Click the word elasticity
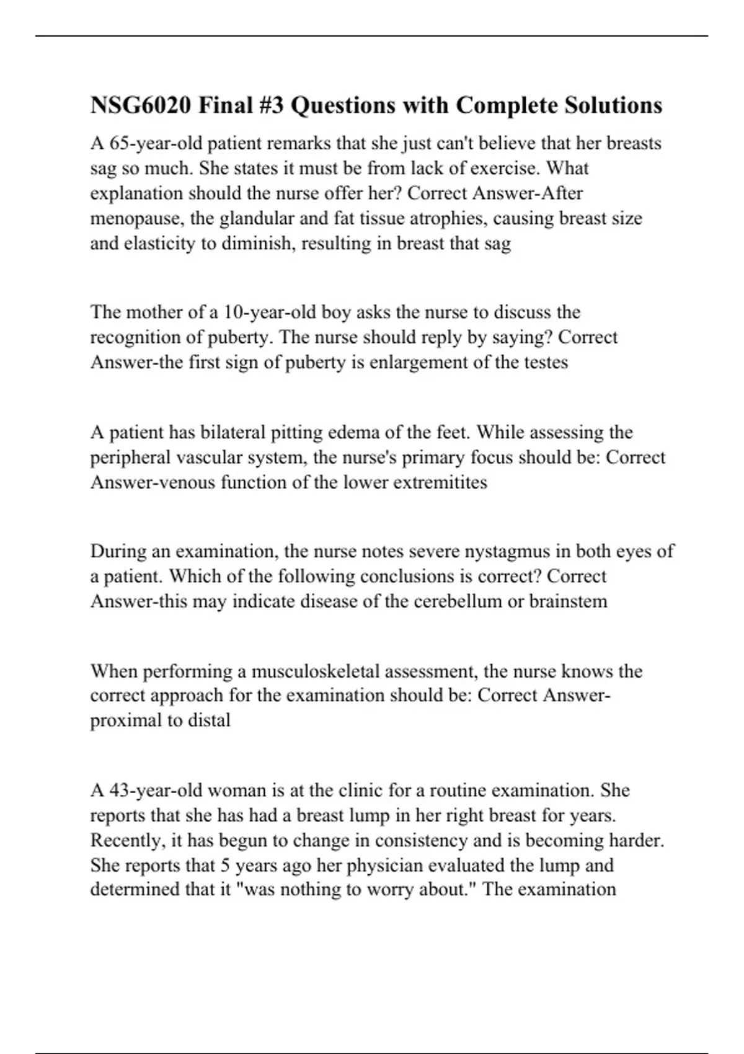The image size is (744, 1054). (159, 244)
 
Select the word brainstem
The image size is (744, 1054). (568, 601)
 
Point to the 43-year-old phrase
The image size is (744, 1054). (155, 790)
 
